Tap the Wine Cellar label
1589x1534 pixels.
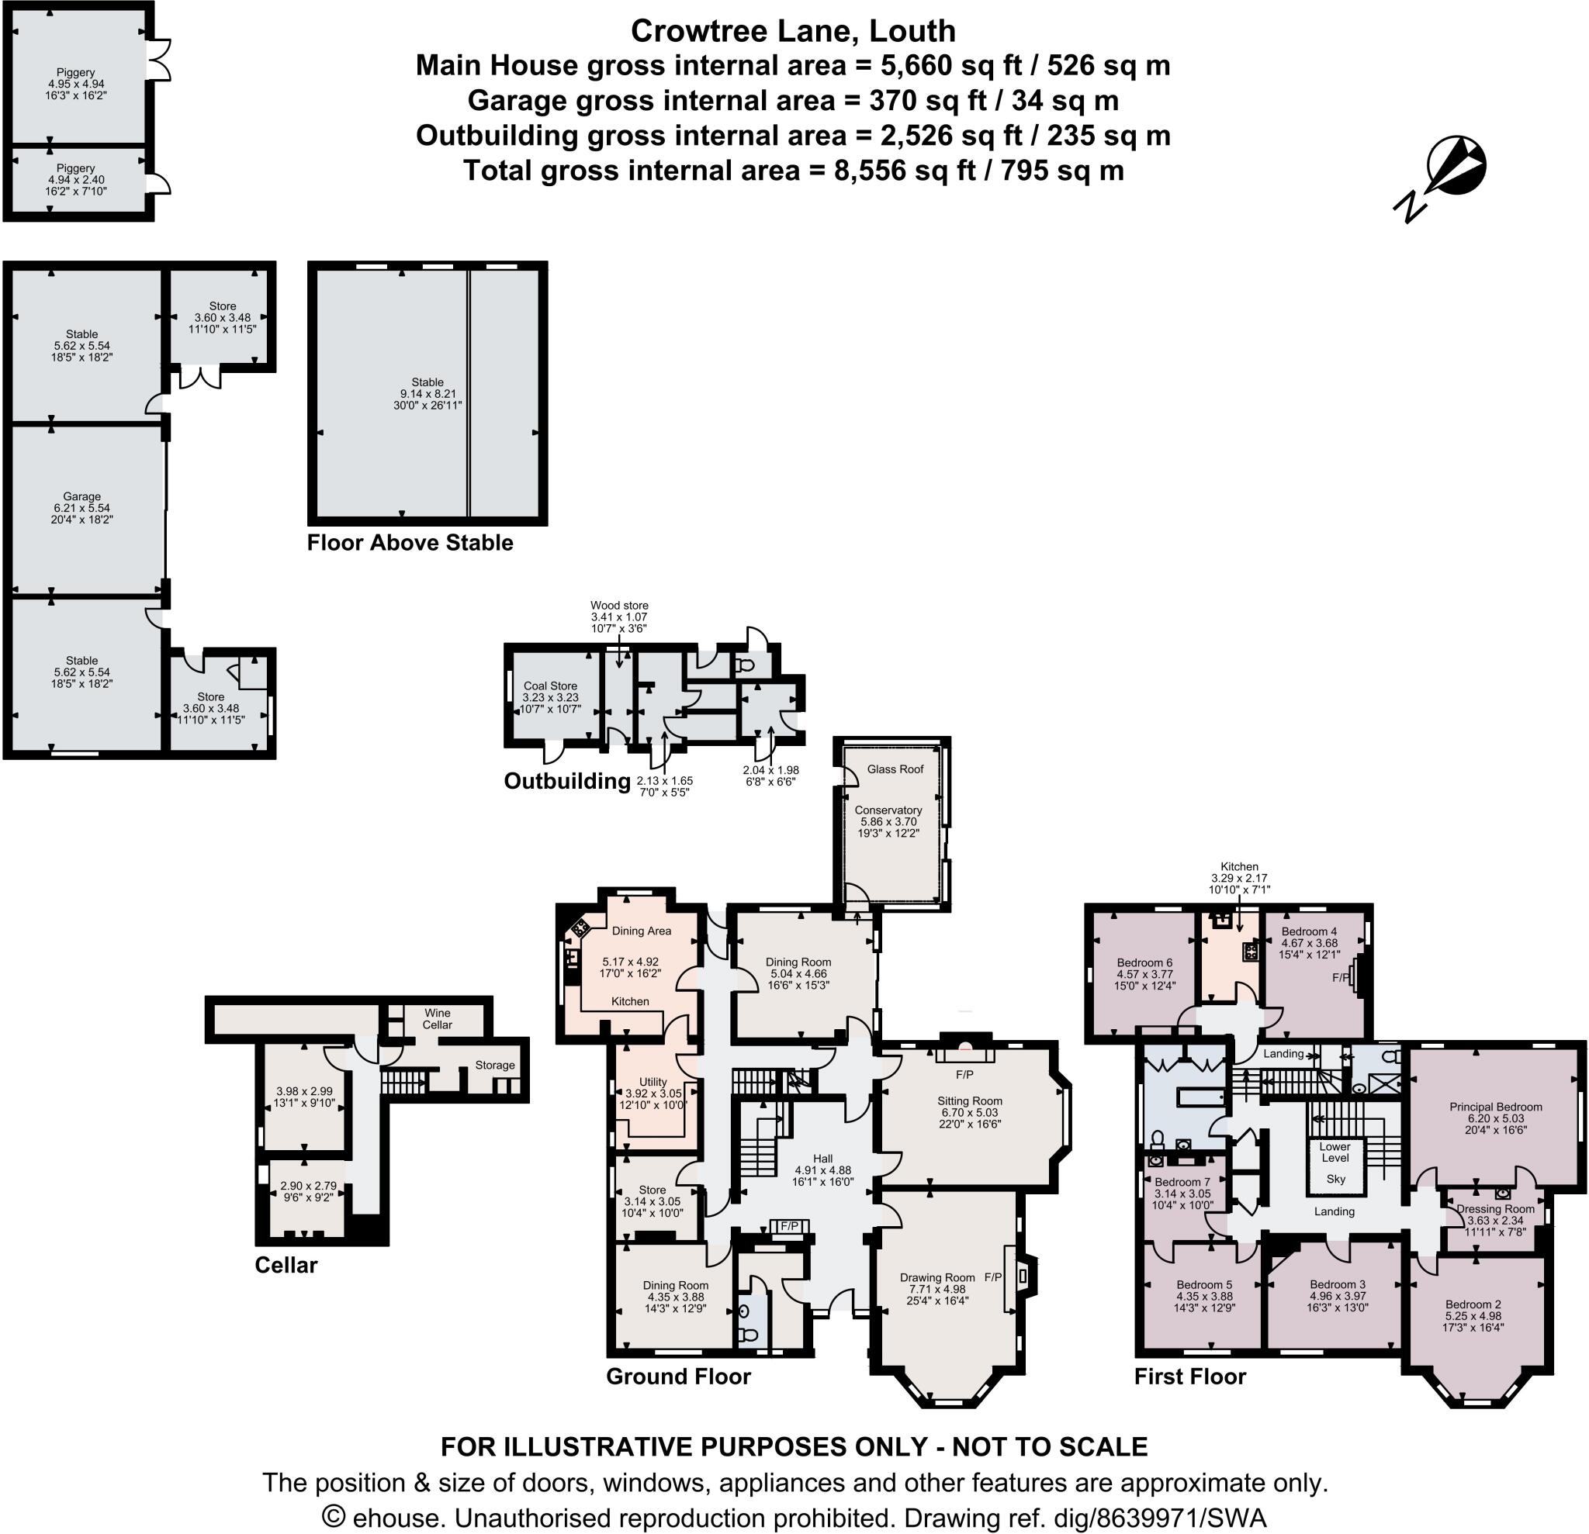(x=437, y=1018)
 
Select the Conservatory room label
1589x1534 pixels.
(x=888, y=810)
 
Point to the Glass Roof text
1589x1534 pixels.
(x=895, y=769)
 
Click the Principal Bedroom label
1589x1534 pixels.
(x=1495, y=1106)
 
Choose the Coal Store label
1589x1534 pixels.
(x=549, y=686)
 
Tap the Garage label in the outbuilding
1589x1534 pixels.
(x=82, y=496)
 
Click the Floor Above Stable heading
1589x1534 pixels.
(x=410, y=543)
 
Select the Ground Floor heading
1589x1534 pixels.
(x=678, y=1376)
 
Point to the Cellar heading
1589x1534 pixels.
(x=286, y=1265)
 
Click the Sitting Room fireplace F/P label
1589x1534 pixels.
(x=964, y=1075)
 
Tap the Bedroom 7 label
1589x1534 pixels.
(x=1182, y=1181)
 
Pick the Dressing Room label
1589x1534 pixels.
(x=1495, y=1208)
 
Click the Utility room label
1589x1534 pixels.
(x=653, y=1081)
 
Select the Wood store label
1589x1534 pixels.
(x=618, y=606)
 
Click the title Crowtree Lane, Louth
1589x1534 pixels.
(x=793, y=31)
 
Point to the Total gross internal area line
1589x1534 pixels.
(x=793, y=170)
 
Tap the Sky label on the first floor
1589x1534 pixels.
(x=1335, y=1178)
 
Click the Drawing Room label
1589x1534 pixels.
(x=937, y=1277)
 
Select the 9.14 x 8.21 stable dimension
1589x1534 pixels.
(x=428, y=394)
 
